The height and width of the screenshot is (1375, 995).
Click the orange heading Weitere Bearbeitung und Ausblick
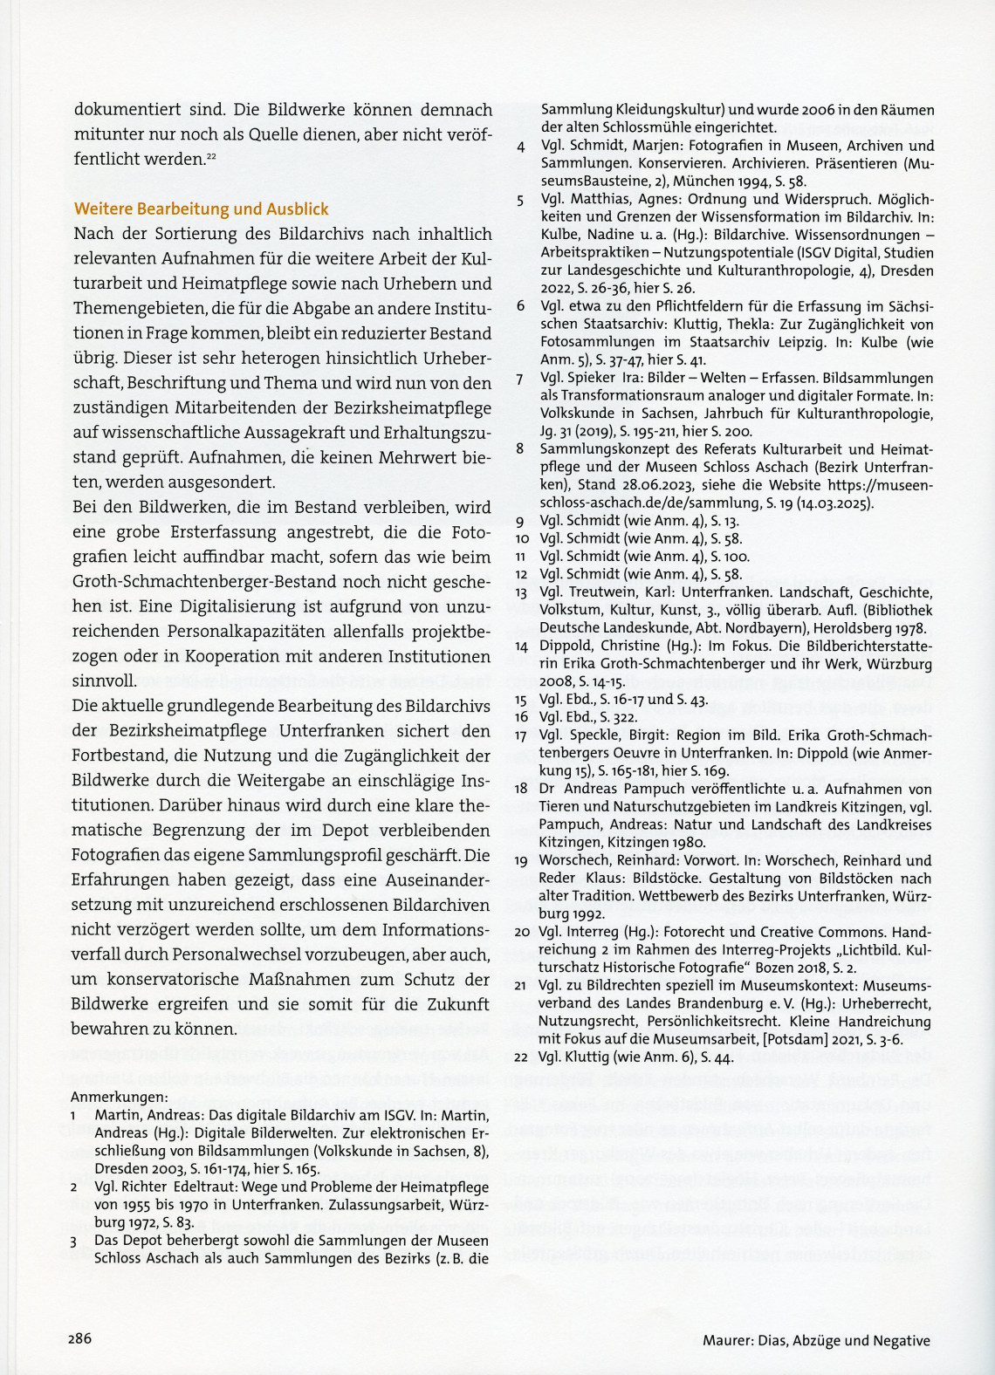click(x=202, y=209)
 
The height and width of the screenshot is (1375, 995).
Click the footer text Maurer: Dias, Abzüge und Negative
click(x=816, y=1341)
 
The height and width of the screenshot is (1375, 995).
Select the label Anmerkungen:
click(x=120, y=1097)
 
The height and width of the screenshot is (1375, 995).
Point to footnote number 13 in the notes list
click(x=522, y=592)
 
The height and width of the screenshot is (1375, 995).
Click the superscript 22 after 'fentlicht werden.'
click(x=211, y=156)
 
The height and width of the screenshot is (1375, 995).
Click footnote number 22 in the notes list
click(x=522, y=1057)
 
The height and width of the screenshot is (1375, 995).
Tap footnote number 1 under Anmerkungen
click(x=75, y=1115)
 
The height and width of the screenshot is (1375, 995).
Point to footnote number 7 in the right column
click(x=520, y=378)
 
